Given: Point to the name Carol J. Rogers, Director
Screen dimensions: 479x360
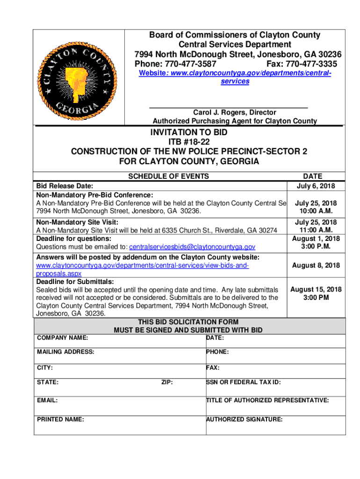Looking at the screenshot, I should pos(235,113).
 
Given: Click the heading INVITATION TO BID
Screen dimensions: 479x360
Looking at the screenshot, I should pos(188,133).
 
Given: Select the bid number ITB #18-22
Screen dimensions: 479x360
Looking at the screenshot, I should pos(188,142).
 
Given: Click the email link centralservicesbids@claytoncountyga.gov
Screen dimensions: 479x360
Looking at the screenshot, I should pos(192,247).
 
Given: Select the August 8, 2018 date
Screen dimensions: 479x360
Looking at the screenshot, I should pos(316,266).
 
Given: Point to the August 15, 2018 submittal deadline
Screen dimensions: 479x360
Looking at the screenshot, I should pos(316,290).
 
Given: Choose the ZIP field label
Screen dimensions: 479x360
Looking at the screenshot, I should pos(167,383).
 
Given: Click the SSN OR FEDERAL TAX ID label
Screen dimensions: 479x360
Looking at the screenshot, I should pos(244,383).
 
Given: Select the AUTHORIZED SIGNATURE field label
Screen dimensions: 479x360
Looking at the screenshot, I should pos(245,420).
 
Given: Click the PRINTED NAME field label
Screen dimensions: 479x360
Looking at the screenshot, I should pos(60,420).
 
